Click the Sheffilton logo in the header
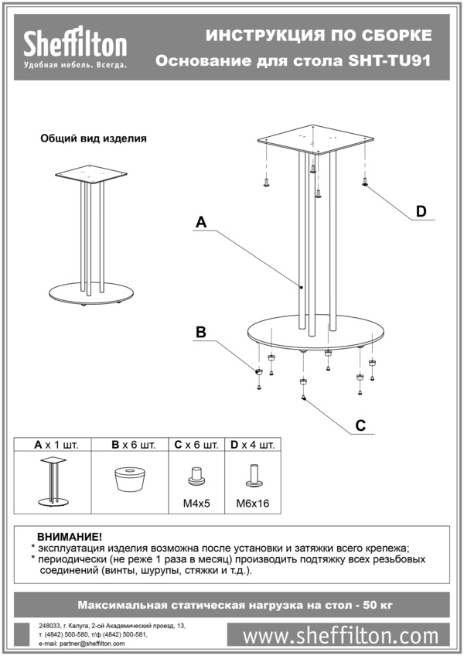75,47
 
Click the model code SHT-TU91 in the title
390,61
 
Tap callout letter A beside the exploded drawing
201,222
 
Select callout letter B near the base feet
201,332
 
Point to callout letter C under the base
360,425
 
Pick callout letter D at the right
421,211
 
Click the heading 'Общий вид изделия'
94,138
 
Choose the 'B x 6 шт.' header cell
134,445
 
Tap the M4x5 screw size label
196,504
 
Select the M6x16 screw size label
253,504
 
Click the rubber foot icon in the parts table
130,480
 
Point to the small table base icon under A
53,481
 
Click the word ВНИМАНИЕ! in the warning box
70,537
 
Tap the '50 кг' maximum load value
378,605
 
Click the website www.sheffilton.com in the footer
340,636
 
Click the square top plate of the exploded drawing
316,139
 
